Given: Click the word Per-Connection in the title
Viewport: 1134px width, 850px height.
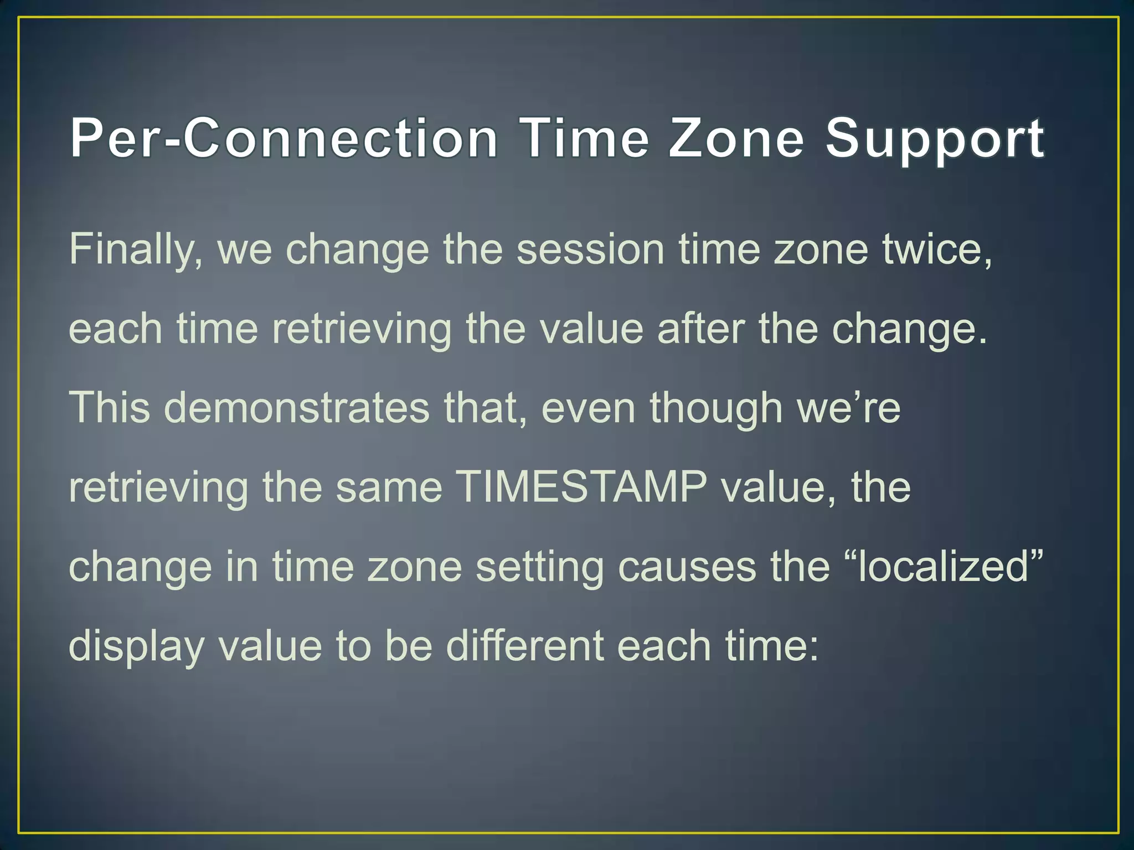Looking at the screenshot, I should coord(283,138).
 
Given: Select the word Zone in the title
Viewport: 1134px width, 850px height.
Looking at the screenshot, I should coord(736,138).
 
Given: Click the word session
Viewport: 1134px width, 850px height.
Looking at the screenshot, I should coord(590,250).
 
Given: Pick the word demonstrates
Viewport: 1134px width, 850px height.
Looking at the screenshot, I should coord(296,408).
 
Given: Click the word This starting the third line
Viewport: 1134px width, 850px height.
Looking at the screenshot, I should coord(110,408).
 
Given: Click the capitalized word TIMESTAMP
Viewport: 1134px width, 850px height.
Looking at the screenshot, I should coord(583,488).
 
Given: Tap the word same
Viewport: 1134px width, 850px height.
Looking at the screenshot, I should coord(389,488).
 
